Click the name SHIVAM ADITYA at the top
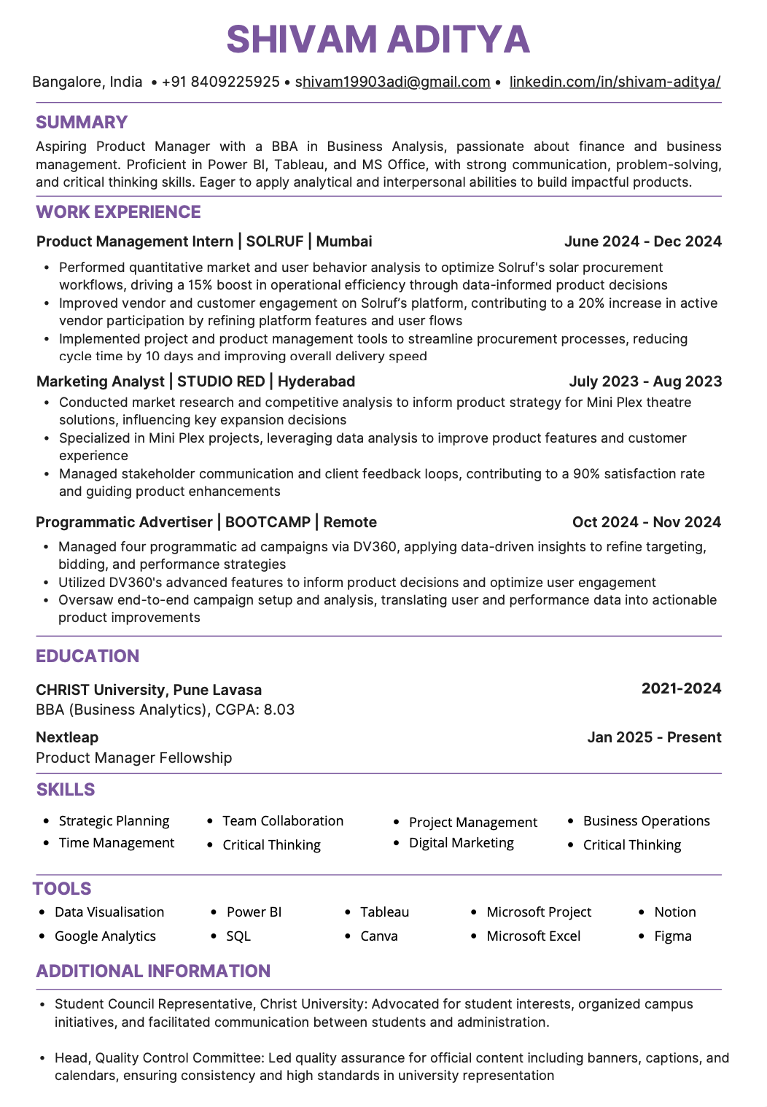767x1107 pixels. pos(378,39)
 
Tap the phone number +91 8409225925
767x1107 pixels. pos(220,82)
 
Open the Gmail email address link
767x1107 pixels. pos(392,82)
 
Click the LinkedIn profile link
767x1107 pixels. pos(615,82)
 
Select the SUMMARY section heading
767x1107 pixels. pos(82,123)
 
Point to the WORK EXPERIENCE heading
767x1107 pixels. pos(118,212)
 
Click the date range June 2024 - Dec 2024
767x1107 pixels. pos(642,241)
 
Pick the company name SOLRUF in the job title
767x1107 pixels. pos(274,241)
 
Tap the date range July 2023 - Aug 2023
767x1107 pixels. pos(645,381)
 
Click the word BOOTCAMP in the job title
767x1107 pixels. pos(268,522)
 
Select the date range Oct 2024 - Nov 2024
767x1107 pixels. pos(646,522)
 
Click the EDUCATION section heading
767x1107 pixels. pos(87,656)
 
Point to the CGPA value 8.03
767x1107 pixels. pos(279,710)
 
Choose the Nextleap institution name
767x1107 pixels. pos(67,737)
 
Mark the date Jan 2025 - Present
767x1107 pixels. pos(654,737)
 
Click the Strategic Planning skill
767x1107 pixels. pos(114,821)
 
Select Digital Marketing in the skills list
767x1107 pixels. pos(461,843)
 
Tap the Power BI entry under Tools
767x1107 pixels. pos(254,912)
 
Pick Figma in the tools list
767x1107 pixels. pos(672,936)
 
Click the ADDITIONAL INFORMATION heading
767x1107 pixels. pos(153,971)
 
